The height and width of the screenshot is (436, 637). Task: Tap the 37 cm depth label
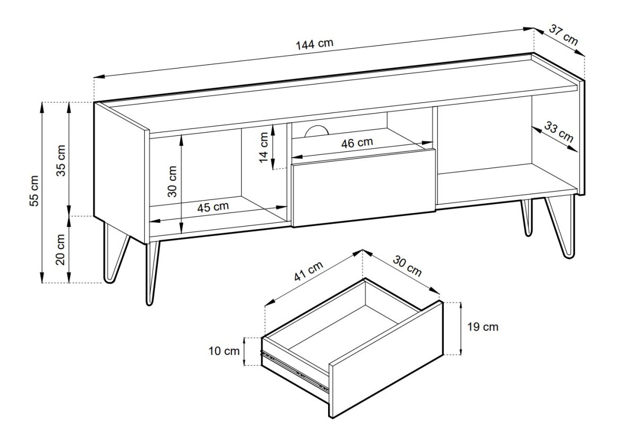tap(563, 35)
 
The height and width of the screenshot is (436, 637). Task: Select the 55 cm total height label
tap(34, 191)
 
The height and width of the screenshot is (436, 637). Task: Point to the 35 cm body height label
tap(61, 161)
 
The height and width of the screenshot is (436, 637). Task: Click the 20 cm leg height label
tap(61, 249)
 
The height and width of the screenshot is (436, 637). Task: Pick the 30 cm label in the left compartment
tap(172, 181)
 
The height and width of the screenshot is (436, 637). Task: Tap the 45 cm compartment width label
tap(213, 207)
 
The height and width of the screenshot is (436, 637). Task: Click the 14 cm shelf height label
tap(264, 147)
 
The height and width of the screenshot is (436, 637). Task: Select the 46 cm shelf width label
tap(357, 143)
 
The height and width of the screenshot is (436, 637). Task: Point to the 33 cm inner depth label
tap(558, 132)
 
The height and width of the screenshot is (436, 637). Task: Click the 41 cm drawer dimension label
tap(308, 271)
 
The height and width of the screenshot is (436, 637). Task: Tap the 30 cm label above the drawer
tap(407, 266)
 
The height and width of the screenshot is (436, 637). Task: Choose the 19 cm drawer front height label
tap(483, 327)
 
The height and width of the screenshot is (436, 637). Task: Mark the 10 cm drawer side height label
tap(224, 351)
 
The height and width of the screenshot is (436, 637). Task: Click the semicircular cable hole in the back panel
tap(316, 130)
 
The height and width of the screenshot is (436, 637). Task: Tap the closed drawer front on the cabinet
tap(364, 188)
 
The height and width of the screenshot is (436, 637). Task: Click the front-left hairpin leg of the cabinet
tap(152, 273)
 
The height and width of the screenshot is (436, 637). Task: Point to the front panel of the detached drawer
tap(386, 360)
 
